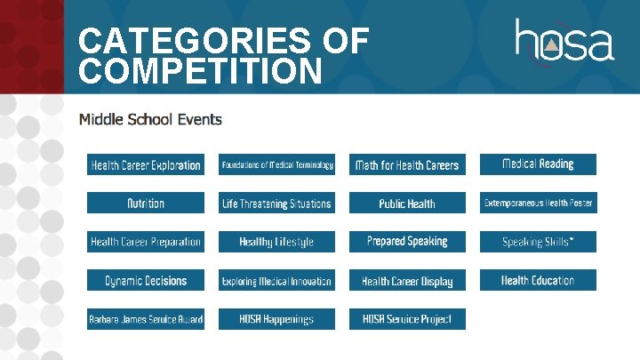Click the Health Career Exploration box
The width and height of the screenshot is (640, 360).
point(146,165)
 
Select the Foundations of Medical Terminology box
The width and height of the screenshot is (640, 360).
point(277,164)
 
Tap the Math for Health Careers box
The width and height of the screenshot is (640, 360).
point(407,165)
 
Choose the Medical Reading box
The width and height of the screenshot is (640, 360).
point(538,164)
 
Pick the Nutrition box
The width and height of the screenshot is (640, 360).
point(146,204)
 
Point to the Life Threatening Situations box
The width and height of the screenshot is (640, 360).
point(277,204)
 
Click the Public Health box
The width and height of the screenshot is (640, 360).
point(407,204)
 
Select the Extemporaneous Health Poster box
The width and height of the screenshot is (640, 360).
point(538,204)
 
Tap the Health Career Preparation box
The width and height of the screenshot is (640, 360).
point(146,242)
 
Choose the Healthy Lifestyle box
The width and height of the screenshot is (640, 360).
point(277,242)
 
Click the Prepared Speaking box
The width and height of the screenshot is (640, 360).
point(407,241)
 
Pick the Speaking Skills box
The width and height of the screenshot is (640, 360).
point(538,242)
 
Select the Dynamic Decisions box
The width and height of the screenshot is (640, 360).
point(146,281)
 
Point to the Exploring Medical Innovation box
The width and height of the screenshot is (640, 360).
point(277,281)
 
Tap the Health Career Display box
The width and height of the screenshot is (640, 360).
point(407,281)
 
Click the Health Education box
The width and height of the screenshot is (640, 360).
point(538,280)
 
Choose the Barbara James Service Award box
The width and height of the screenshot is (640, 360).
point(146,319)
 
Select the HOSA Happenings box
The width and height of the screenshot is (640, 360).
point(277,319)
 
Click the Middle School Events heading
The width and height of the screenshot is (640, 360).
point(150,119)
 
